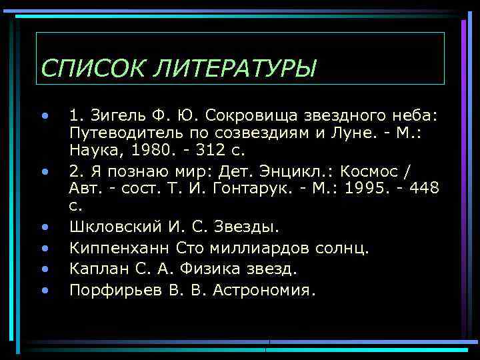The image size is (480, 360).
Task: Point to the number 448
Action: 425,188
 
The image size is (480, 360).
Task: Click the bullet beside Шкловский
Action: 45,227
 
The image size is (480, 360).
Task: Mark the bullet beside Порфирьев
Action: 45,291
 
